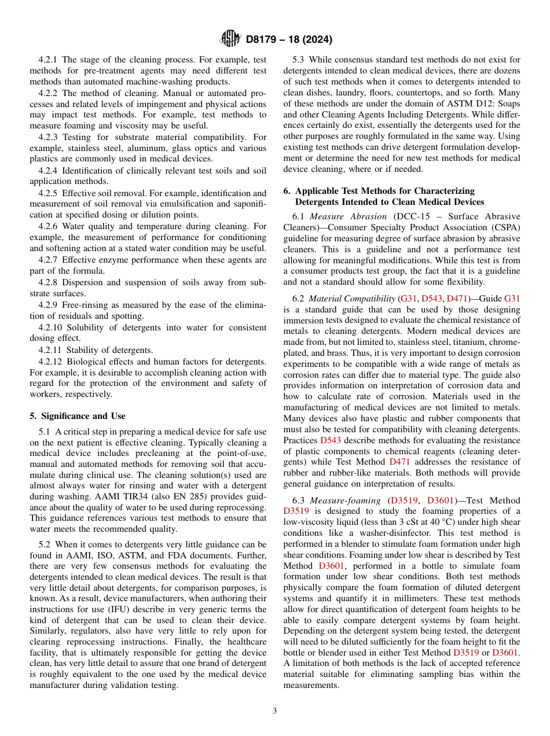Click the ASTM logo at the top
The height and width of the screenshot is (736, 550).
coord(230,39)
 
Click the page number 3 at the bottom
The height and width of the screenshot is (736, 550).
coord(275,711)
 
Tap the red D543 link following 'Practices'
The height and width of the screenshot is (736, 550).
coord(331,440)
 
